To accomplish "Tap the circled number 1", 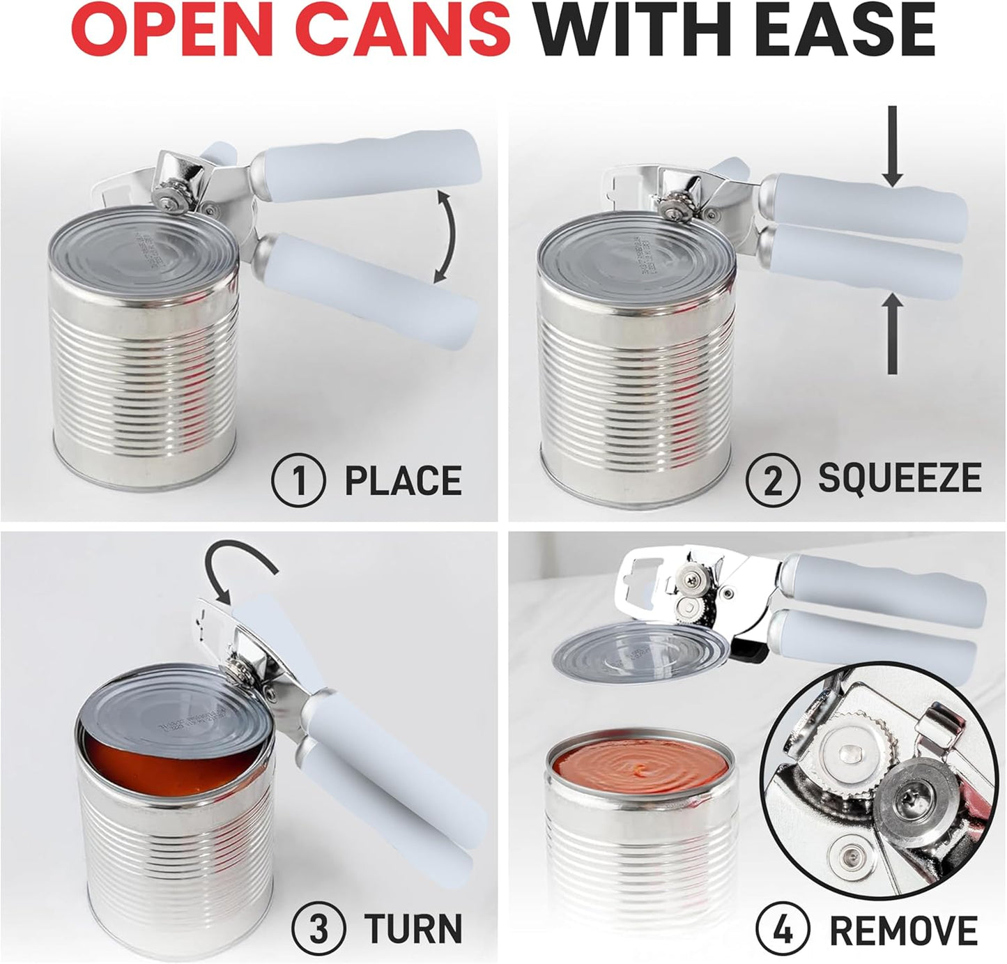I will (x=299, y=481).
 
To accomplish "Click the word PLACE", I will (x=403, y=481).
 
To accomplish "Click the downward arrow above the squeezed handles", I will (x=893, y=149).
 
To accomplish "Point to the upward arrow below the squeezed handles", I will (x=893, y=335).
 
